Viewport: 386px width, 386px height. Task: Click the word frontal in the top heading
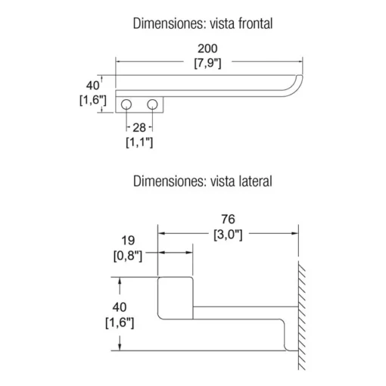click(255, 23)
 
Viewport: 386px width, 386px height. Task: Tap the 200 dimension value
click(207, 48)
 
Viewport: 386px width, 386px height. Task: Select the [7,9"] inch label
click(207, 63)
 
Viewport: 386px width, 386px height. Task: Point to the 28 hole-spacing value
click(139, 128)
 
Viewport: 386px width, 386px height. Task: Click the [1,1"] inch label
click(139, 142)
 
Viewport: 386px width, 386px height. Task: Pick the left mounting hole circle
click(126, 104)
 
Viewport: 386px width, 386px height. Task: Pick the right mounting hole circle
click(152, 104)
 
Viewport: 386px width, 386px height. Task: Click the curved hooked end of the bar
click(298, 87)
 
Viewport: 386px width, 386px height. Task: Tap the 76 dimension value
click(228, 219)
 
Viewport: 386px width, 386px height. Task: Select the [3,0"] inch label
click(228, 235)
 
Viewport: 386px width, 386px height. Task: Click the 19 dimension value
click(128, 240)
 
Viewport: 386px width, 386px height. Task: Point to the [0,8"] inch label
click(128, 256)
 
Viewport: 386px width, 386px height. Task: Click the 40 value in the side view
click(120, 307)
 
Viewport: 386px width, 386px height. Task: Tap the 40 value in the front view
click(92, 86)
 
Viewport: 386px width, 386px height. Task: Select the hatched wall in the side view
click(302, 316)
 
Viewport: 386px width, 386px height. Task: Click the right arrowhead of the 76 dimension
click(295, 233)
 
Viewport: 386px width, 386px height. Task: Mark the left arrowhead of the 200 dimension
click(119, 61)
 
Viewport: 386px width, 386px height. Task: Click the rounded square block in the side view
click(176, 298)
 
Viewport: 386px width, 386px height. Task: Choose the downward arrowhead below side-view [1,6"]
click(120, 347)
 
